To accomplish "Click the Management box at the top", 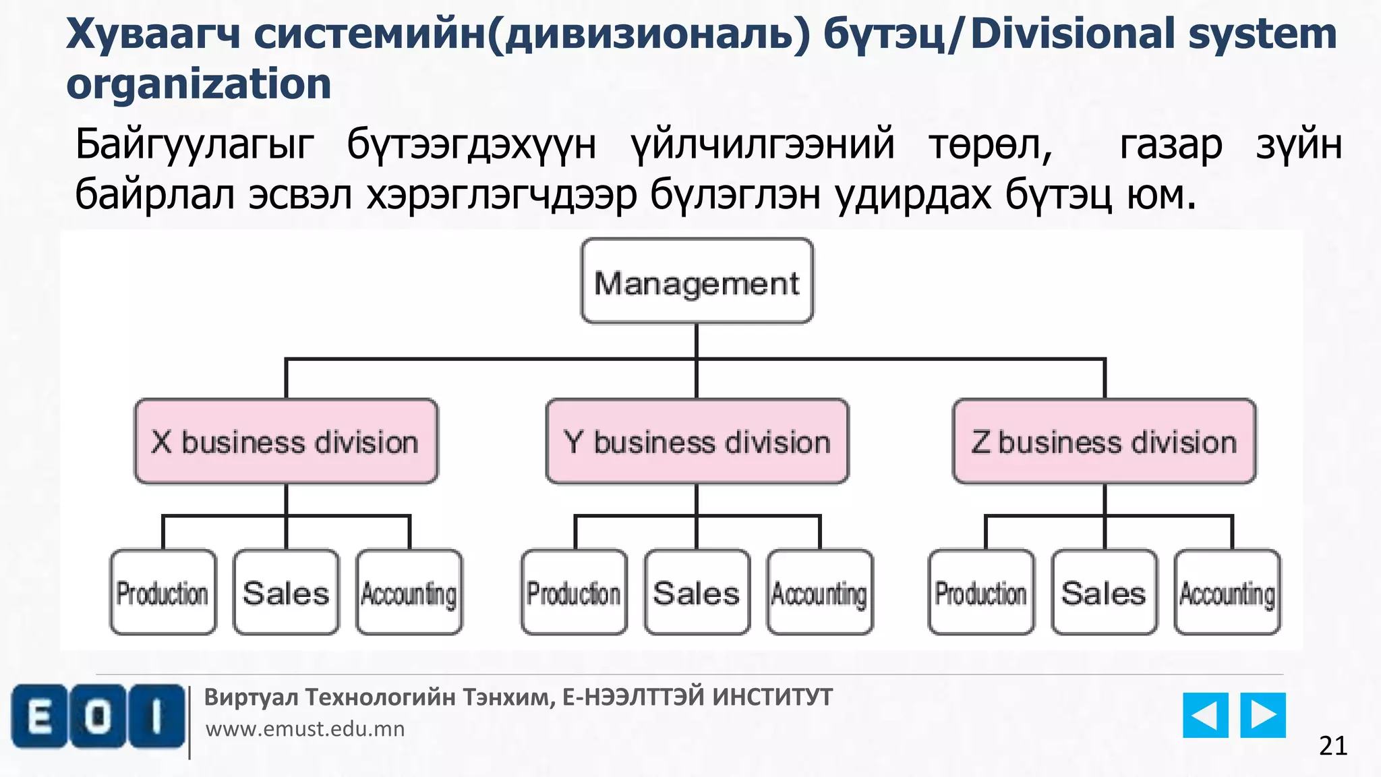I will coord(697,281).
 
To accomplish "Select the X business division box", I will coord(286,442).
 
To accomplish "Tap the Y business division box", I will coord(697,442).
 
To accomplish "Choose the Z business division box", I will coord(1104,442).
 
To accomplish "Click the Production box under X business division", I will coord(163,592).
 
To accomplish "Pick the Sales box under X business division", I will coord(286,592).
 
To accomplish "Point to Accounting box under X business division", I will coord(409,592).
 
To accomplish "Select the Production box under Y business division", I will coord(574,592).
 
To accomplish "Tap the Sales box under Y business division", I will coord(697,592).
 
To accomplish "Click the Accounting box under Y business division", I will coord(820,592).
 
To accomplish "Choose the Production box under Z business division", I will coord(981,592).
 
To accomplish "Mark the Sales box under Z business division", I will coord(1104,592).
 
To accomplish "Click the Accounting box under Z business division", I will coord(1227,592).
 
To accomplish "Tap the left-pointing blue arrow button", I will coord(1205,715).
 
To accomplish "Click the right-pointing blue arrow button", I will coord(1263,715).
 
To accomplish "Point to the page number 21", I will coord(1333,746).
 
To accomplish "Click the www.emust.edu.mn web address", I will coord(305,729).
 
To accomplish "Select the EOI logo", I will coord(98,716).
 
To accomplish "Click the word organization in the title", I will coord(199,84).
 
